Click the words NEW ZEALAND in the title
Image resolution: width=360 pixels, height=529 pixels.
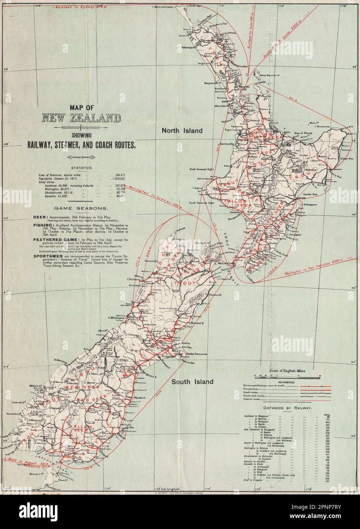click(x=82, y=118)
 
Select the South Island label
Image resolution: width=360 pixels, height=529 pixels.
click(x=192, y=381)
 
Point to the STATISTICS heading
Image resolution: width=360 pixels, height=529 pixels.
click(x=82, y=168)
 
